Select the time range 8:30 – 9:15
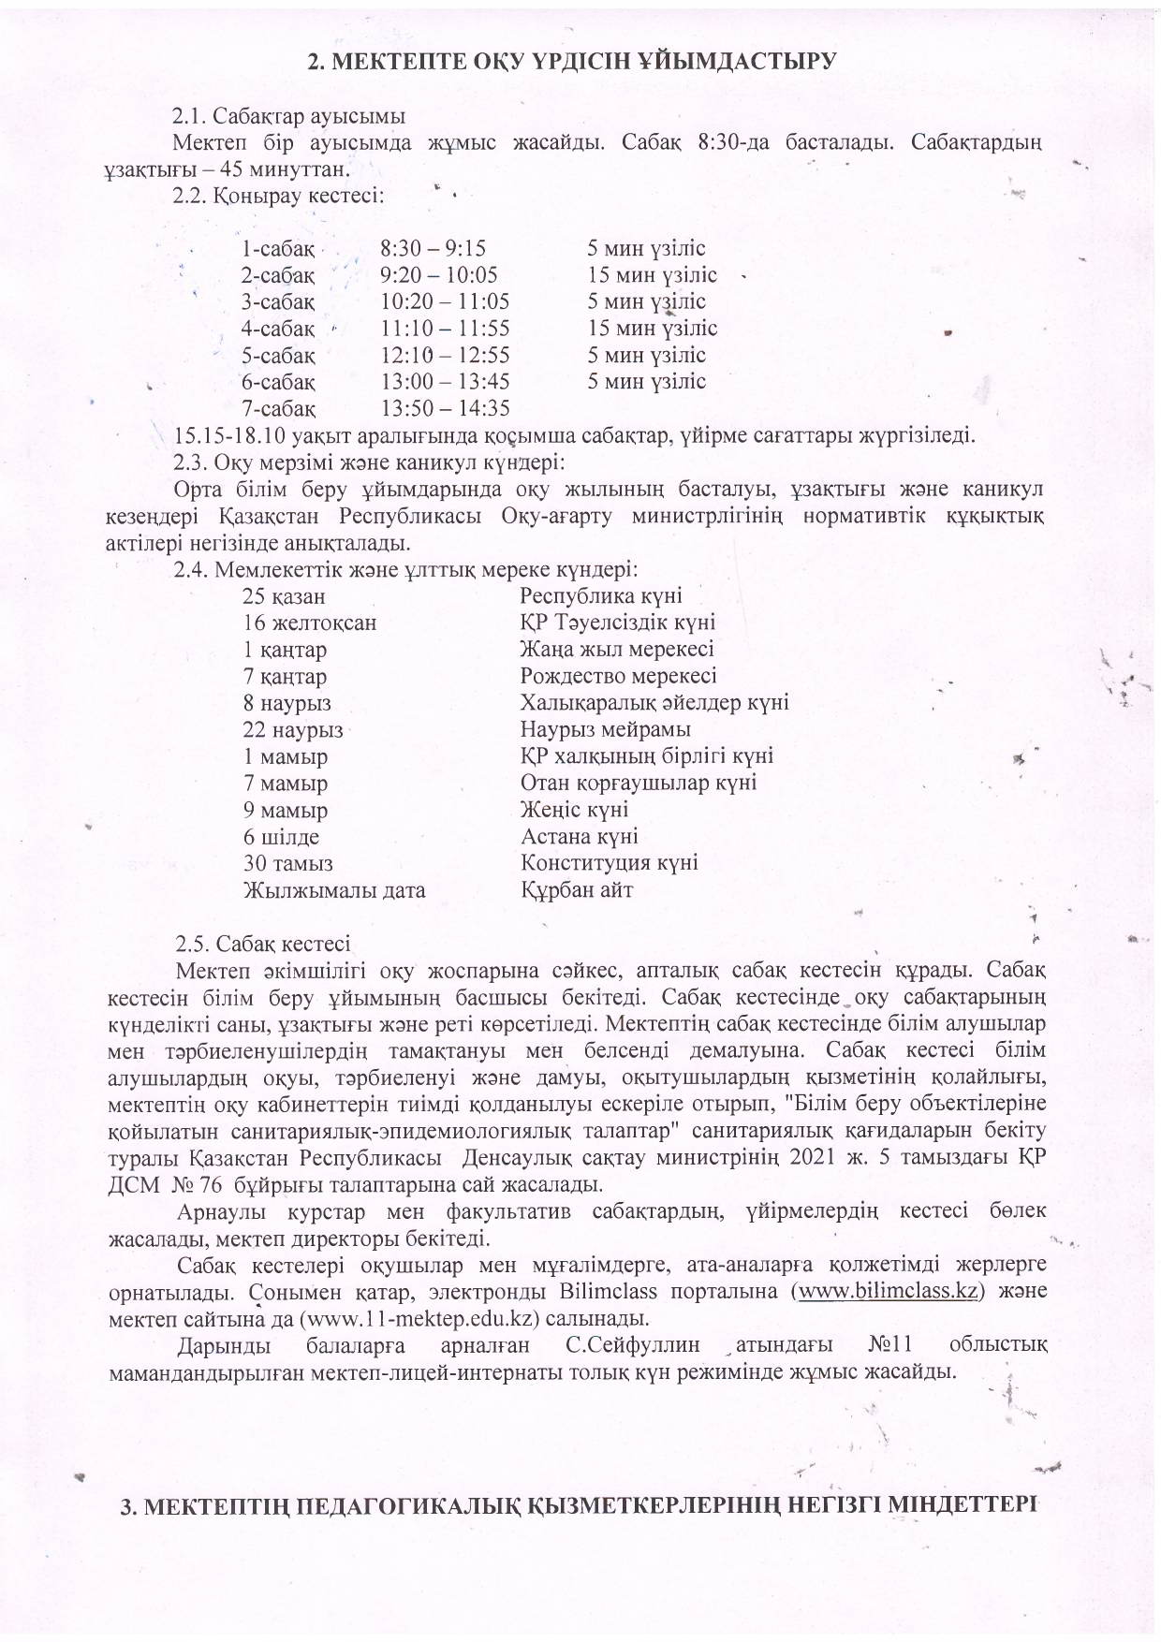click(x=434, y=249)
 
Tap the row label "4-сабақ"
click(x=277, y=329)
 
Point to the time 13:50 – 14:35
click(x=446, y=408)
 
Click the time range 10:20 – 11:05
click(x=446, y=302)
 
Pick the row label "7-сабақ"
click(x=277, y=408)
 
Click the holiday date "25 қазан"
click(x=284, y=596)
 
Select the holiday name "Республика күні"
click(x=601, y=596)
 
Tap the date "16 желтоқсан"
click(x=310, y=623)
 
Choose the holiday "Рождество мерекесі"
click(x=619, y=676)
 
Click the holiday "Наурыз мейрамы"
click(x=606, y=729)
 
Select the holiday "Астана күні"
click(x=580, y=836)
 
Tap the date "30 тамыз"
click(x=288, y=863)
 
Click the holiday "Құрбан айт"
click(x=577, y=889)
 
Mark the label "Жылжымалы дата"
click(x=334, y=890)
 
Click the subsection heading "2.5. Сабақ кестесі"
click(x=263, y=942)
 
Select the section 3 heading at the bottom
click(x=580, y=1506)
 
